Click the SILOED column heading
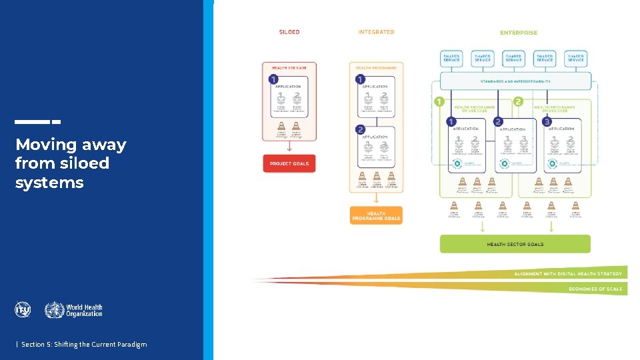(289, 32)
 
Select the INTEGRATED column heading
(376, 32)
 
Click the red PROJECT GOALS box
(289, 163)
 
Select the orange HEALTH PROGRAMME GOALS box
(376, 215)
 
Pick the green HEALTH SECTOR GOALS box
(515, 244)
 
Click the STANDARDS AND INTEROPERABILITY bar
(515, 81)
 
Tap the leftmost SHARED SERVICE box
(451, 59)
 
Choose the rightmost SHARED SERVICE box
(575, 59)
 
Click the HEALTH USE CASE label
(289, 67)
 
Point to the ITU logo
(23, 309)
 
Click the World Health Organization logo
(74, 310)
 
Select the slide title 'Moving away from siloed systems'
(71, 163)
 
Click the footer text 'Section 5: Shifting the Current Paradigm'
(83, 344)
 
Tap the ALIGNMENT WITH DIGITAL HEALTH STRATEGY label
(568, 273)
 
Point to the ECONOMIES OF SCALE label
(595, 289)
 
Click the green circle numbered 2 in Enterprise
(518, 102)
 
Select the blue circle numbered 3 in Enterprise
(547, 121)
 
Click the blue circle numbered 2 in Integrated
(360, 129)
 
